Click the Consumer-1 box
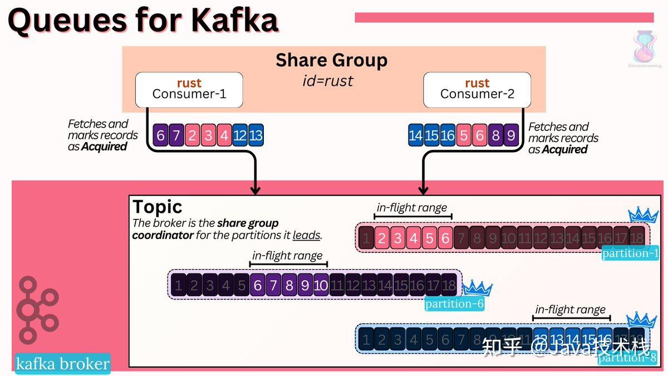[189, 89]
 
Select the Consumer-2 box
[477, 89]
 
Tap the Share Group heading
[331, 60]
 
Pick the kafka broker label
[62, 364]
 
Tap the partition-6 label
[454, 304]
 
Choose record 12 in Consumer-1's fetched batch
[240, 135]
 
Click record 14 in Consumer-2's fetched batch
[415, 135]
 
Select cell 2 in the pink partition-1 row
[382, 238]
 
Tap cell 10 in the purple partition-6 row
[321, 286]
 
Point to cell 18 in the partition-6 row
[448, 286]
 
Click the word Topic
[158, 207]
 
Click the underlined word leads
[307, 235]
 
